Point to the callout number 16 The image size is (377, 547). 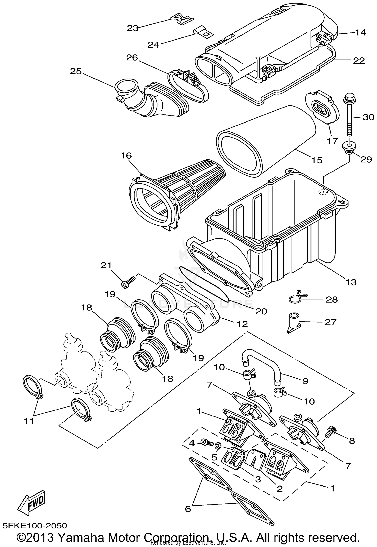[x=126, y=156]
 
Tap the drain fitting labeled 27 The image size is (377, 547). [x=293, y=323]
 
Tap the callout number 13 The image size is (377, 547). [x=351, y=282]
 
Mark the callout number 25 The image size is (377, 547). [x=76, y=71]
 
